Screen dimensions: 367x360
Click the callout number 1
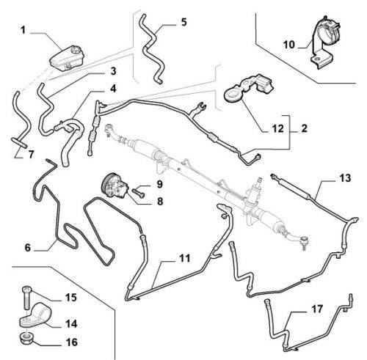23,30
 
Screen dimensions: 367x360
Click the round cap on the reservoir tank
75,51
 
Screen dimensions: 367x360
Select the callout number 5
183,22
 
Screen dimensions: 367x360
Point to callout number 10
289,45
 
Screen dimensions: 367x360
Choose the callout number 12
277,128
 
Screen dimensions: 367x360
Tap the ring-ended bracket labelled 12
247,89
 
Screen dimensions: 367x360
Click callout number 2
304,128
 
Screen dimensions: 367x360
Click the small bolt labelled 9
139,192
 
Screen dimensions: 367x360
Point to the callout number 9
159,184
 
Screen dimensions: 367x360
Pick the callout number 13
345,178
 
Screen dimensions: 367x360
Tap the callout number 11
185,258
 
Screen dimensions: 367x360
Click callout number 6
28,248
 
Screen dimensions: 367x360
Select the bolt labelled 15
26,298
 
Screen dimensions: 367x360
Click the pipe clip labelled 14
37,315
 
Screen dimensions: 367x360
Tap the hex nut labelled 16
26,338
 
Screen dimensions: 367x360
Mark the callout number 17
317,309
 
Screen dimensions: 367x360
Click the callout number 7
31,155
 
